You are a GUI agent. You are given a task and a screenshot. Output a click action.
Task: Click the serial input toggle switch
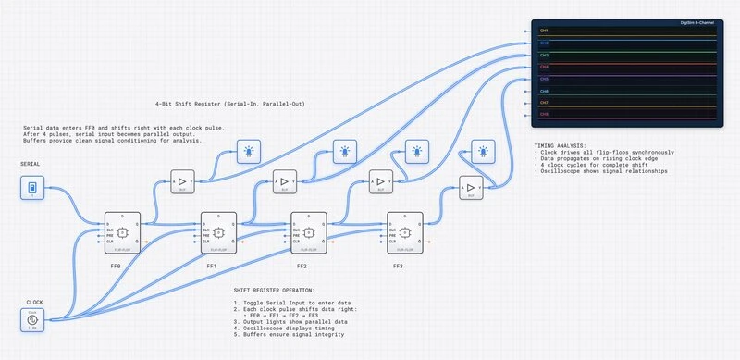point(32,189)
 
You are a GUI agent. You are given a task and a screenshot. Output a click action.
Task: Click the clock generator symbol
point(32,320)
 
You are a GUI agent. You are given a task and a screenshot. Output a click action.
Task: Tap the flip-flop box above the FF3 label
point(405,231)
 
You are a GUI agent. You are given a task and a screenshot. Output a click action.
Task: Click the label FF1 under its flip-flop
point(211,267)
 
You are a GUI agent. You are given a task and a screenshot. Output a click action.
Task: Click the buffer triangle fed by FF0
point(182,182)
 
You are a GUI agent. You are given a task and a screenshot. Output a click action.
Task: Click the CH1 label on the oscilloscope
point(545,31)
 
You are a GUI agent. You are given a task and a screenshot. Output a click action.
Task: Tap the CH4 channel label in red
point(545,67)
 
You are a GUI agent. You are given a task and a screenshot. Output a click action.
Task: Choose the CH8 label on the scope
point(545,115)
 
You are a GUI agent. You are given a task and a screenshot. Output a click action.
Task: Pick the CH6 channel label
point(545,91)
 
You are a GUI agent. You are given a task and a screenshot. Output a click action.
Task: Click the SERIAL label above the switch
point(30,164)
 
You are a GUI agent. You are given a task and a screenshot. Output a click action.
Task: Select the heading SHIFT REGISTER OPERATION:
point(274,290)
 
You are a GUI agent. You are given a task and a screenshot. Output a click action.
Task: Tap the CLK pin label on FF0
point(111,229)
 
